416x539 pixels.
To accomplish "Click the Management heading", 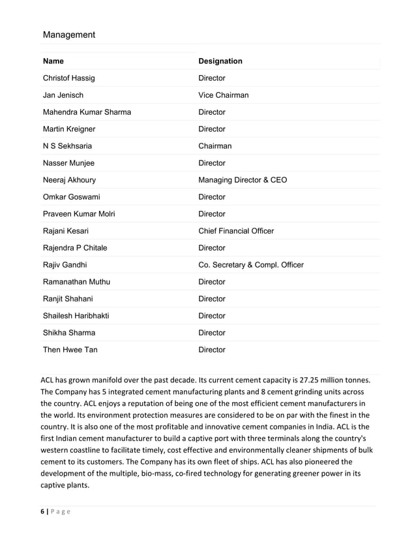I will click(x=68, y=35).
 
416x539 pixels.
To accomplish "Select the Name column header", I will click(x=53, y=61).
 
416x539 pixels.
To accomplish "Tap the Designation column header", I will click(x=220, y=61).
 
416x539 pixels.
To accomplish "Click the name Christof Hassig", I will click(x=68, y=78).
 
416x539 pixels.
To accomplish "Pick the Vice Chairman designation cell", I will click(x=223, y=95).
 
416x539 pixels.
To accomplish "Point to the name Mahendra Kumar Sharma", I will click(x=87, y=112).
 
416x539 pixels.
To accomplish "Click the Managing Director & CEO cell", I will click(x=242, y=180).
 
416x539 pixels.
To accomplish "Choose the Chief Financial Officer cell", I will click(x=235, y=231).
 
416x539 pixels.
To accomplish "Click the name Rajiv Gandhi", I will click(x=65, y=265).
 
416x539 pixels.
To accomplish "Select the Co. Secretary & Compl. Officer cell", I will click(x=250, y=265).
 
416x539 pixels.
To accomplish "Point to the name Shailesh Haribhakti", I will click(x=76, y=316).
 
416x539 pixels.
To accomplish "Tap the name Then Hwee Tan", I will click(x=70, y=350).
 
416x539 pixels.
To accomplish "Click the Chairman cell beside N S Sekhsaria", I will click(x=215, y=146).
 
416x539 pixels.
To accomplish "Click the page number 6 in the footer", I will click(x=42, y=512).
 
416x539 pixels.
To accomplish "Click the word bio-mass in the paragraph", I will click(x=148, y=474).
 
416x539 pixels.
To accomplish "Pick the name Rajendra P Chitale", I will click(x=75, y=248).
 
